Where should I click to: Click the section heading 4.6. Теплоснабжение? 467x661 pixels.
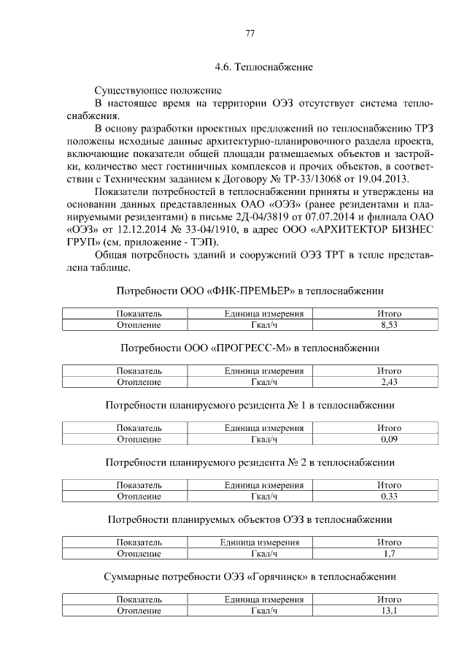click(263, 68)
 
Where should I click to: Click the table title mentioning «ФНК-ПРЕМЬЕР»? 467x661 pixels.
click(250, 291)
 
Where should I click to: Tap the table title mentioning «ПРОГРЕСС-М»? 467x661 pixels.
click(250, 348)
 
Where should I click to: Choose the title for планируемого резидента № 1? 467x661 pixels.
click(250, 405)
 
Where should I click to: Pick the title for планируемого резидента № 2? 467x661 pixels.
click(250, 462)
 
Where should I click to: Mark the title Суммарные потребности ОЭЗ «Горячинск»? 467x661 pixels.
click(250, 577)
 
